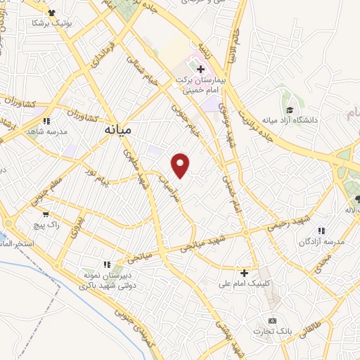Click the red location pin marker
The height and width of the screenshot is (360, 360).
181,164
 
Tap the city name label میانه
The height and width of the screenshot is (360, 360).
117,130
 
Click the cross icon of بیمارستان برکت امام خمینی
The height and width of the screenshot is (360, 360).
200,70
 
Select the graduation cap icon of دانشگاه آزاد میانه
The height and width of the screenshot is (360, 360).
290,110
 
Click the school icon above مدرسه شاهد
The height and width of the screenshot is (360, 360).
46,121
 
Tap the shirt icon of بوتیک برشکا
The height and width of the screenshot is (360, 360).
51,13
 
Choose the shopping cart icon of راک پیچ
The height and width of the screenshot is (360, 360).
46,213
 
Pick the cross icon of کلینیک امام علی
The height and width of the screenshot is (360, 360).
245,272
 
